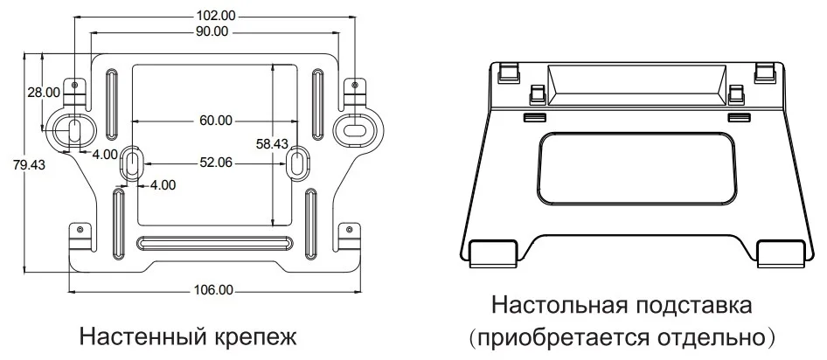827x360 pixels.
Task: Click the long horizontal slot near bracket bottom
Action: [214, 242]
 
